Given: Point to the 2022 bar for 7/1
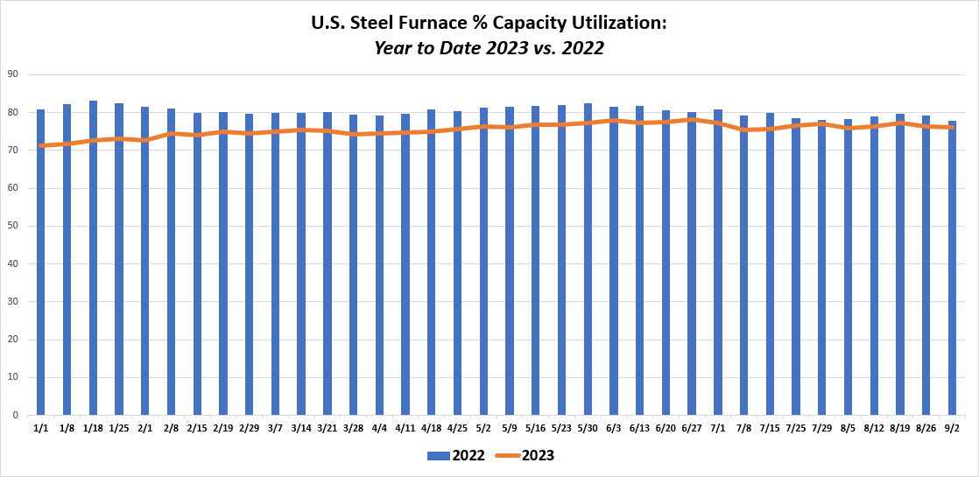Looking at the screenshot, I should tap(718, 263).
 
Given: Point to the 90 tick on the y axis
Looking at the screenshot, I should tap(14, 74).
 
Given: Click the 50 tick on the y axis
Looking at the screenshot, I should tap(14, 226).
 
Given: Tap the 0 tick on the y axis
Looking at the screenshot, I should tap(17, 416).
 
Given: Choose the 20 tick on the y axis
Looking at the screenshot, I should tap(14, 340).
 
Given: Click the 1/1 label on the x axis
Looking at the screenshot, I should tap(41, 429).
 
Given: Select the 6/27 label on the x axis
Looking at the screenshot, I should tap(692, 429).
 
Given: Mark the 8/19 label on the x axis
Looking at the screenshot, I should tap(899, 429).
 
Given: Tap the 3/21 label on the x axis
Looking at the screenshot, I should tap(328, 429).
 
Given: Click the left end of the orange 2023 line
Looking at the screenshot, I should tap(41, 145).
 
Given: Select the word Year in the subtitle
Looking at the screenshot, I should tap(392, 48).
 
